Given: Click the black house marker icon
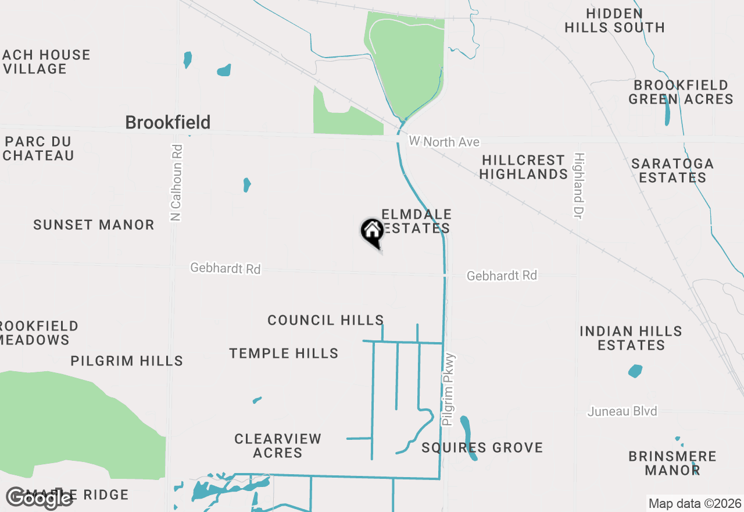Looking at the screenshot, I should (x=372, y=232).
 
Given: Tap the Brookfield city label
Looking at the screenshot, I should (x=168, y=122).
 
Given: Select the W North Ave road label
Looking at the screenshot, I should (x=445, y=141).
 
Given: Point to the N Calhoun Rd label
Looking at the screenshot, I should (x=177, y=183).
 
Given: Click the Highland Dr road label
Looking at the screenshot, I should (x=578, y=186).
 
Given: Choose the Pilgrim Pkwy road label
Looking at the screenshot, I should (x=449, y=390).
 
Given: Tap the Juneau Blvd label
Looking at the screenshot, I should (x=622, y=411).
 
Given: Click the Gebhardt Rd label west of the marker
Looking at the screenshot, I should (x=226, y=269).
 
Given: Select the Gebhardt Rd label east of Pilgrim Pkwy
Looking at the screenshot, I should (x=502, y=275).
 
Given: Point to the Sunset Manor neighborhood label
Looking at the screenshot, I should (x=94, y=225).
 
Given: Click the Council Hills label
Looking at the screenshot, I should (x=325, y=320).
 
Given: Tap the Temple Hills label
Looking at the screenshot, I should (x=284, y=353).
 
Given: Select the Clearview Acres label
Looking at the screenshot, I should (x=278, y=446).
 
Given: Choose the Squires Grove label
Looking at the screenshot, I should (x=482, y=447).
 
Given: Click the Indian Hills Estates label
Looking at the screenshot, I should (x=631, y=338).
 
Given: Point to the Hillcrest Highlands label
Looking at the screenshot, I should (x=523, y=167).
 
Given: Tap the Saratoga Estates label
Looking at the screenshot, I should (x=672, y=170).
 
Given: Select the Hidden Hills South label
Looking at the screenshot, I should (x=614, y=20).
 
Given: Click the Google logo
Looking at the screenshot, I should (x=39, y=497).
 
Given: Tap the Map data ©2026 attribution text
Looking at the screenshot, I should (x=695, y=503).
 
